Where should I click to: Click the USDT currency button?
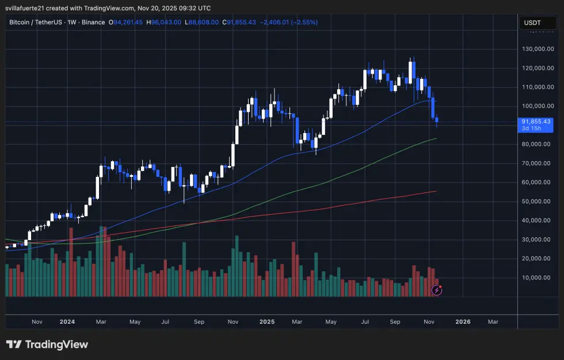click(532, 22)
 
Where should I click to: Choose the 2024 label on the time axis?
click(67, 322)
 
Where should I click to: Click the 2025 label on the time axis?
click(266, 322)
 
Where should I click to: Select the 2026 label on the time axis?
click(463, 322)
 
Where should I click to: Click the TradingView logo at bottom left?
click(47, 344)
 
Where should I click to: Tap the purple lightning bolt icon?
click(437, 290)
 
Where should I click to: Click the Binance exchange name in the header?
click(92, 22)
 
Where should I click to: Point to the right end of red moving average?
click(436, 191)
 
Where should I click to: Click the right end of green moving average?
click(436, 138)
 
